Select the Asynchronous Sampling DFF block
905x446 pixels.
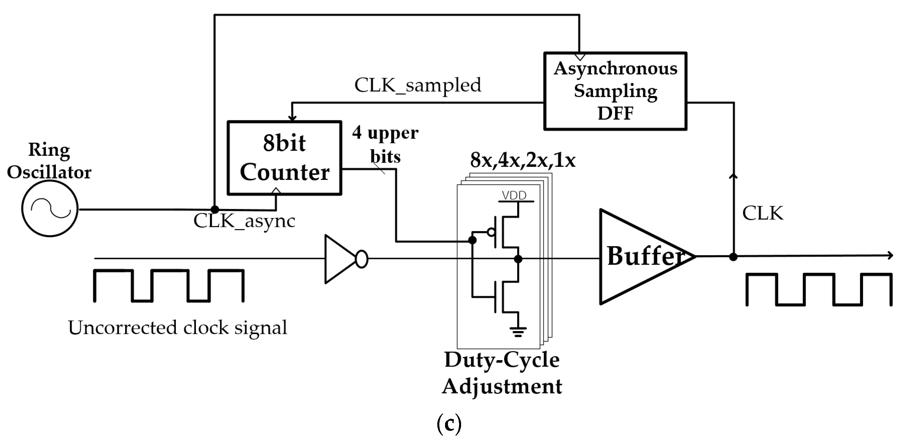615,91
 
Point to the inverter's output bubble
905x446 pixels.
361,259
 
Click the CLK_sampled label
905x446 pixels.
417,85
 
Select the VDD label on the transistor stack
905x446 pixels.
514,195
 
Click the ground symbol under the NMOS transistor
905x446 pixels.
518,331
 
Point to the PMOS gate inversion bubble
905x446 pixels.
491,232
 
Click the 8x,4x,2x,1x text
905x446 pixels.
522,161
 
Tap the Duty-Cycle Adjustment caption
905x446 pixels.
502,373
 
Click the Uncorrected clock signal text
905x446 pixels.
177,328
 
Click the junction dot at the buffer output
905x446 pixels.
733,257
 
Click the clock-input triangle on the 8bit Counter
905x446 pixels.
276,191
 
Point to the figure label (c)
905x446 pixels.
449,424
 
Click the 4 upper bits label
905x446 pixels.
385,144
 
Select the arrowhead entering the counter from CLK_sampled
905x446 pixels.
292,118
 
